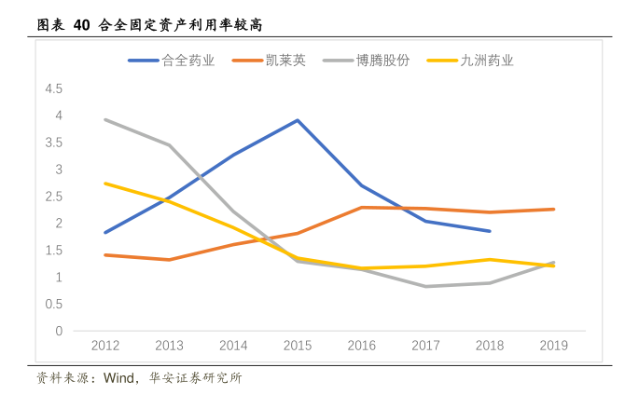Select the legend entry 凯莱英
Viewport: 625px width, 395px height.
tap(282, 61)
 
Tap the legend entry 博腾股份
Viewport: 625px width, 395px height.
tap(383, 61)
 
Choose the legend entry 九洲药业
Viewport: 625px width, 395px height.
tap(486, 61)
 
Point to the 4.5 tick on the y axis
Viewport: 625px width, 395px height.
tap(53, 89)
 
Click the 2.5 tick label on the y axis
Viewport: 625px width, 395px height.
tap(53, 197)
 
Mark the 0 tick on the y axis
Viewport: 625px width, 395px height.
tap(59, 331)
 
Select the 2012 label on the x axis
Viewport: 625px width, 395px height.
tap(105, 346)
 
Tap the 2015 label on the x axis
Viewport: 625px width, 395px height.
tap(298, 346)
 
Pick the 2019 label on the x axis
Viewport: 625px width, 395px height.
tap(554, 346)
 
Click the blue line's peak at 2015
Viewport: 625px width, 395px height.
tap(298, 120)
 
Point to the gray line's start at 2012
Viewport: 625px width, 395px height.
tap(105, 119)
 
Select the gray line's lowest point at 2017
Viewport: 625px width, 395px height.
tap(426, 286)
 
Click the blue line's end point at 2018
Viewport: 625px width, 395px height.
tap(490, 231)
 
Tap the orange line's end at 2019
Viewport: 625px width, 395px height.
tap(554, 209)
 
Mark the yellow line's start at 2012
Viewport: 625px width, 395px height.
tap(105, 183)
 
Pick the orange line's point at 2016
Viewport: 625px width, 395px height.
tap(362, 207)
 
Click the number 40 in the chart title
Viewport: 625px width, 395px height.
tap(80, 25)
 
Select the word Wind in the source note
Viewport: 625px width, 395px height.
tap(120, 378)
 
